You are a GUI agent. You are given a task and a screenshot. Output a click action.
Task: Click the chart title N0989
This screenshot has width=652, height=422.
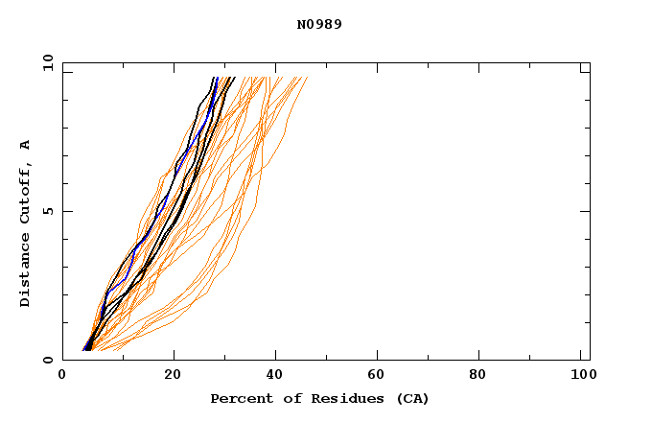[319, 24]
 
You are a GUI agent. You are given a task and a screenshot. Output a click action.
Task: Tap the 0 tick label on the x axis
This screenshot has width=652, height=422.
[62, 375]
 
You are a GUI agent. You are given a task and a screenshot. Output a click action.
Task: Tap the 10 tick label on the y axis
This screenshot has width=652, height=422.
[47, 63]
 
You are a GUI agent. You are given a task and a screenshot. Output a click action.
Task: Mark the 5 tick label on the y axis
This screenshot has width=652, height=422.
[47, 211]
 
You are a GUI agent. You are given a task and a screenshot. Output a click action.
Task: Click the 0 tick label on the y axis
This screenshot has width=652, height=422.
[47, 360]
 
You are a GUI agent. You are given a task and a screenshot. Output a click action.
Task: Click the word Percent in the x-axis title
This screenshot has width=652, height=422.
[237, 398]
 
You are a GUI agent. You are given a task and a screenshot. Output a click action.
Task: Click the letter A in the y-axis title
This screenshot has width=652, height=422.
[26, 145]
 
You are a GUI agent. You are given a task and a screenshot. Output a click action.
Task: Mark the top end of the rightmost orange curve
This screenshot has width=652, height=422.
[307, 78]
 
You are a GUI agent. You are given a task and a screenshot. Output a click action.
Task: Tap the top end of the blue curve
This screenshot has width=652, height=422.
[218, 78]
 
